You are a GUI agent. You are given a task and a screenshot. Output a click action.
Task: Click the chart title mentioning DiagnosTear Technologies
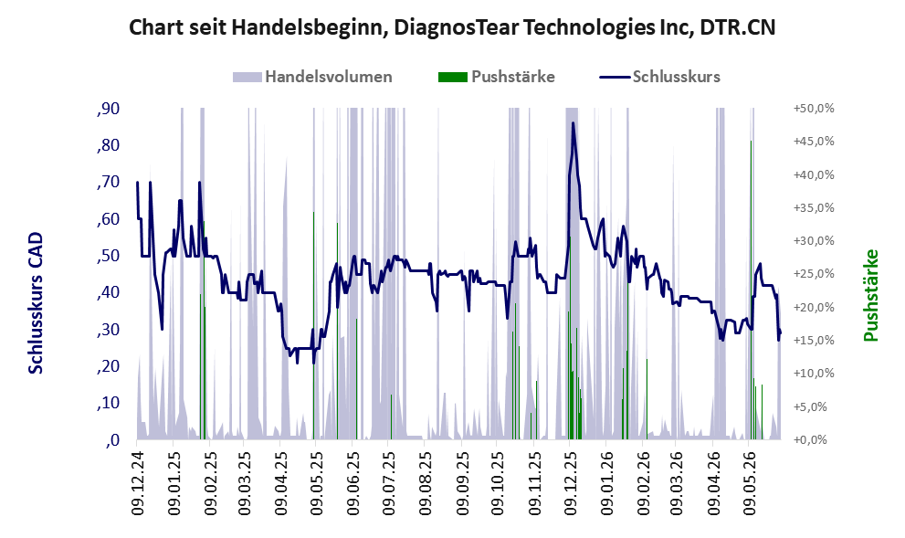point(452,27)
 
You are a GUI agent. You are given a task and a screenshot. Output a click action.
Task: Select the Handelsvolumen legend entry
point(312,77)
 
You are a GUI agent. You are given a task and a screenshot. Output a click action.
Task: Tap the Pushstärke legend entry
point(497,77)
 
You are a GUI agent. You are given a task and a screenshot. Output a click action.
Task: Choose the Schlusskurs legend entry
point(659,77)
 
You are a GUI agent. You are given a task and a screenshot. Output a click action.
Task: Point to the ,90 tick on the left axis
point(108,109)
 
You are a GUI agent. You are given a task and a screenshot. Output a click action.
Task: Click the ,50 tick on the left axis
point(108,256)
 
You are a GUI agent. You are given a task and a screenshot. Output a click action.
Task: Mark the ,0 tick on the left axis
point(112,440)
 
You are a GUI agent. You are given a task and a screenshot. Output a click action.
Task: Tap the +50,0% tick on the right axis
point(814,109)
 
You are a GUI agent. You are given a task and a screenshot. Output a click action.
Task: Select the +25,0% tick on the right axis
point(814,274)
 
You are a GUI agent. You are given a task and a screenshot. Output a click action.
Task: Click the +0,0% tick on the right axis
point(816,440)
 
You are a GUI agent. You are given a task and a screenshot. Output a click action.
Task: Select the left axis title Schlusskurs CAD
point(36,303)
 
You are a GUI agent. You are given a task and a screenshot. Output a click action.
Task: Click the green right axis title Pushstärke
point(871,296)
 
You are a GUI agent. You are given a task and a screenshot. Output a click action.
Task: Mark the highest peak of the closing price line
point(574,122)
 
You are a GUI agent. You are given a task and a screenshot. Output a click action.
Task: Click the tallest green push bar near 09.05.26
point(751,290)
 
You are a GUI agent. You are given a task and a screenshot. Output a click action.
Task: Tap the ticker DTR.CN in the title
point(738,27)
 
